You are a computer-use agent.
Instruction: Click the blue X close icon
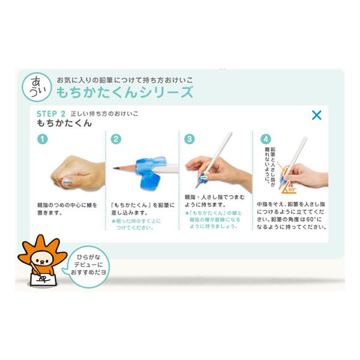[x=316, y=115]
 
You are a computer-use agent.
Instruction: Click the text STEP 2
[x=51, y=113]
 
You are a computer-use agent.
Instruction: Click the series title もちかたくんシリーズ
[x=125, y=92]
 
